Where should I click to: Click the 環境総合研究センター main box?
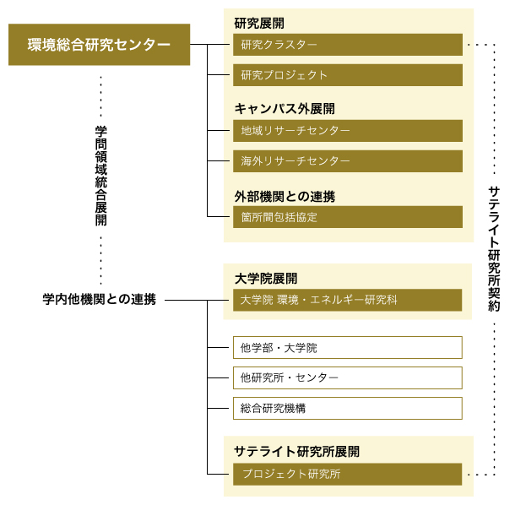click(99, 45)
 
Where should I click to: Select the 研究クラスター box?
click(348, 45)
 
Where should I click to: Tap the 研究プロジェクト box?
click(348, 75)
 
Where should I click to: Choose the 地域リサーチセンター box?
click(348, 131)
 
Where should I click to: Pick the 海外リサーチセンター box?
click(348, 161)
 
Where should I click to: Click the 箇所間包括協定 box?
click(348, 217)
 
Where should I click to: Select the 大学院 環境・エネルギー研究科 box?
click(348, 300)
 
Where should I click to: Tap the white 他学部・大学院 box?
click(348, 347)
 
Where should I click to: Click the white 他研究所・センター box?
click(348, 377)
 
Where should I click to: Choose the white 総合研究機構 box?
click(348, 409)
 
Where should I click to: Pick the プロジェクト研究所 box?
click(348, 474)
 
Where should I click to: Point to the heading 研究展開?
click(259, 24)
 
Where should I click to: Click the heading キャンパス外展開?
click(285, 109)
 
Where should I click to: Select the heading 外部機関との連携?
click(285, 197)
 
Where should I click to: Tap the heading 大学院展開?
click(266, 279)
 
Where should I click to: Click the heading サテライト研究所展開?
click(296, 452)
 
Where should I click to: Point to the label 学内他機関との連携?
click(99, 299)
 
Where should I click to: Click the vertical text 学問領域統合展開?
click(100, 176)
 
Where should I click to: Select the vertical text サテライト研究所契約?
click(494, 249)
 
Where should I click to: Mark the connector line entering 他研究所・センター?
click(218, 377)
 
